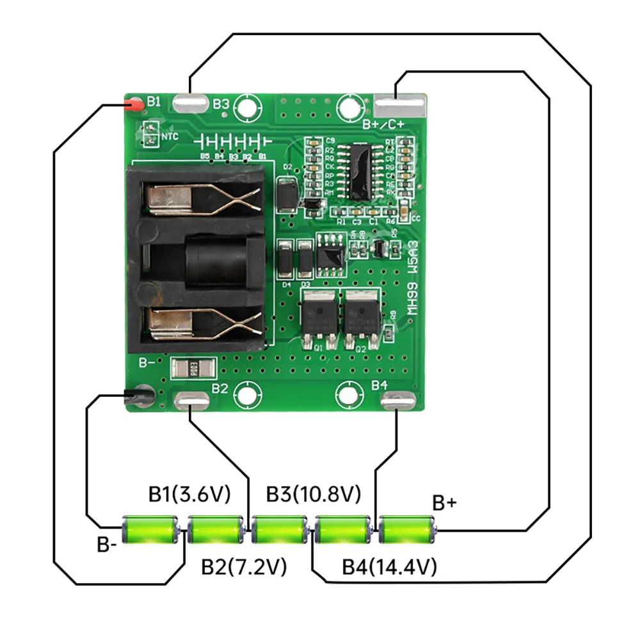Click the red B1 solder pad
click(133, 104)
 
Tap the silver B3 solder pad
click(189, 103)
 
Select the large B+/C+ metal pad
click(399, 104)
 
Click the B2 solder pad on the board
click(190, 401)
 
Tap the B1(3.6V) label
click(189, 493)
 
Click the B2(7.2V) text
click(243, 566)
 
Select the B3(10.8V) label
click(314, 493)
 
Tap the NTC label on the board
click(170, 136)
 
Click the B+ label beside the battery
click(445, 503)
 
